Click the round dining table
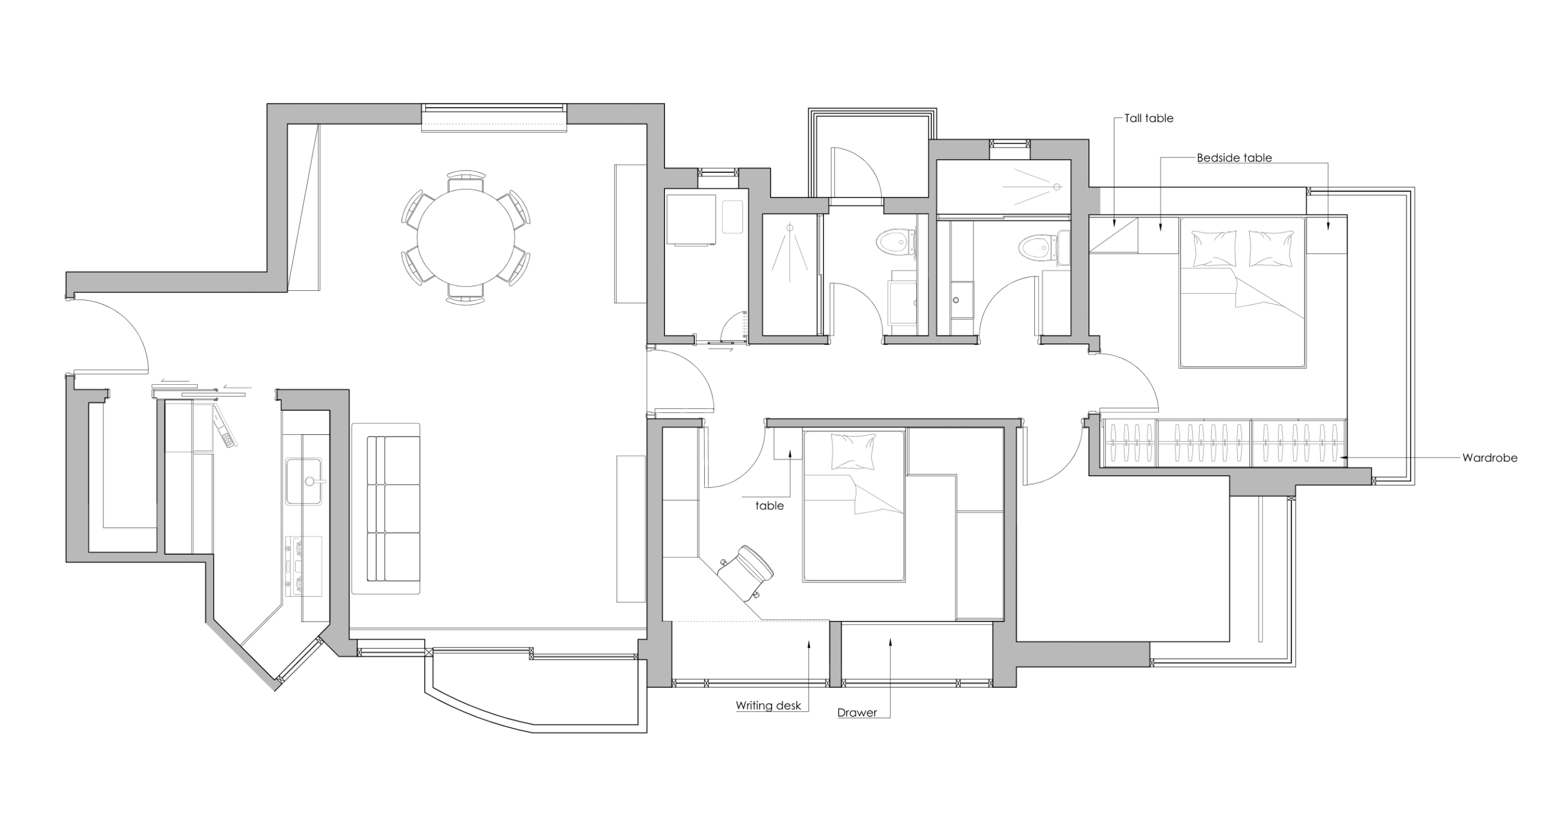466,238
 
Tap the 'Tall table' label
1149,119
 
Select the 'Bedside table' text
1234,158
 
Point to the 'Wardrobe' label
1490,458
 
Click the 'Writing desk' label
769,705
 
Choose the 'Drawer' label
857,712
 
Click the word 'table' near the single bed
770,506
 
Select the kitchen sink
304,481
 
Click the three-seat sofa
386,509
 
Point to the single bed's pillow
854,451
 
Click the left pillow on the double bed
1214,249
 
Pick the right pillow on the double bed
1271,249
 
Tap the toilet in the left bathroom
894,243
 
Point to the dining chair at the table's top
466,181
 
